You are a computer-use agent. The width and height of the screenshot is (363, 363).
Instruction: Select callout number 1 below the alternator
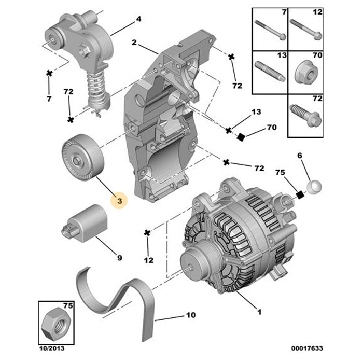pyautogui.click(x=259, y=312)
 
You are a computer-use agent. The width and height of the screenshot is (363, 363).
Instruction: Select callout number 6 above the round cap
pyautogui.click(x=299, y=155)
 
